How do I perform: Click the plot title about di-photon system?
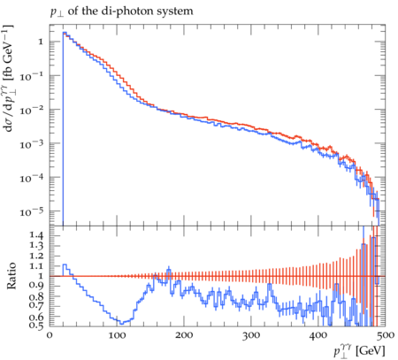(x=121, y=11)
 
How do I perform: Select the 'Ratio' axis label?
(x=11, y=276)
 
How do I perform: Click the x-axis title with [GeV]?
(x=359, y=351)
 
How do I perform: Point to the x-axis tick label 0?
(x=50, y=335)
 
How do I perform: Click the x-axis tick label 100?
(x=117, y=335)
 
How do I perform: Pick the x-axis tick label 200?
(x=184, y=335)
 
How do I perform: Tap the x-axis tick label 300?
(x=251, y=335)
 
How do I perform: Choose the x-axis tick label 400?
(x=318, y=335)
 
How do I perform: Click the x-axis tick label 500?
(x=386, y=335)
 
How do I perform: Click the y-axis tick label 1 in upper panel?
(x=41, y=42)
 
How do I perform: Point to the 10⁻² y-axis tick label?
(x=31, y=111)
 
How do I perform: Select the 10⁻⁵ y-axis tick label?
(x=31, y=212)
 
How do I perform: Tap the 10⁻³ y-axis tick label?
(x=31, y=144)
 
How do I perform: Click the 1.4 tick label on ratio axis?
(x=37, y=235)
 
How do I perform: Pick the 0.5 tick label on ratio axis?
(x=37, y=326)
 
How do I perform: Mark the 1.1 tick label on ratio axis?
(x=37, y=266)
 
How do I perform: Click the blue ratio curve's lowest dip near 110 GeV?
(x=121, y=323)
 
